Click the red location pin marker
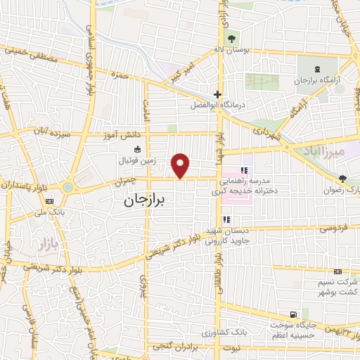pyautogui.click(x=181, y=165)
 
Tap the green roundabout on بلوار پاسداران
pyautogui.click(x=68, y=187)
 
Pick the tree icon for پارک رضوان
pyautogui.click(x=342, y=179)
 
